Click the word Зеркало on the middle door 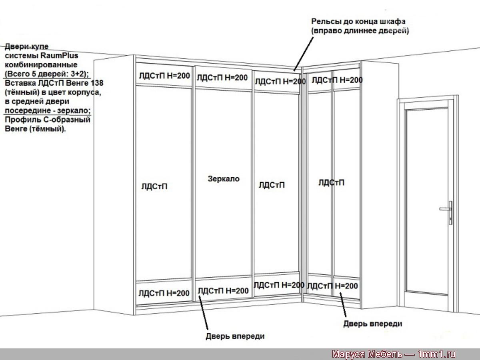[x=224, y=179]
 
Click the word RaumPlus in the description [x=60, y=56]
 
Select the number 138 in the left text [x=97, y=83]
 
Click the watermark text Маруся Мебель [x=367, y=354]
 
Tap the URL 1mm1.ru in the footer [x=436, y=354]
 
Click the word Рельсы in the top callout [x=326, y=22]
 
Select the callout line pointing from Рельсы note [x=304, y=54]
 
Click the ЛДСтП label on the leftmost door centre [x=154, y=186]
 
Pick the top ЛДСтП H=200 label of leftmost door [x=164, y=76]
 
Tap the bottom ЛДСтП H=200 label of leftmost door [x=164, y=293]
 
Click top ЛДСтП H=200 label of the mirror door [x=222, y=78]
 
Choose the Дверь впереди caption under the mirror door [x=235, y=336]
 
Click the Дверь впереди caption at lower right [x=373, y=324]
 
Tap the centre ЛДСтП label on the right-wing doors [x=331, y=182]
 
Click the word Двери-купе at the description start [x=26, y=46]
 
